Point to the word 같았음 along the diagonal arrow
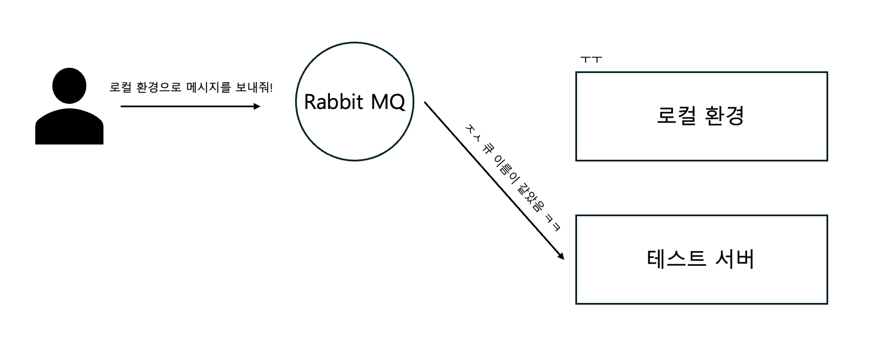(x=529, y=200)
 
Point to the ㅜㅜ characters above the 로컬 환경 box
(x=591, y=59)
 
